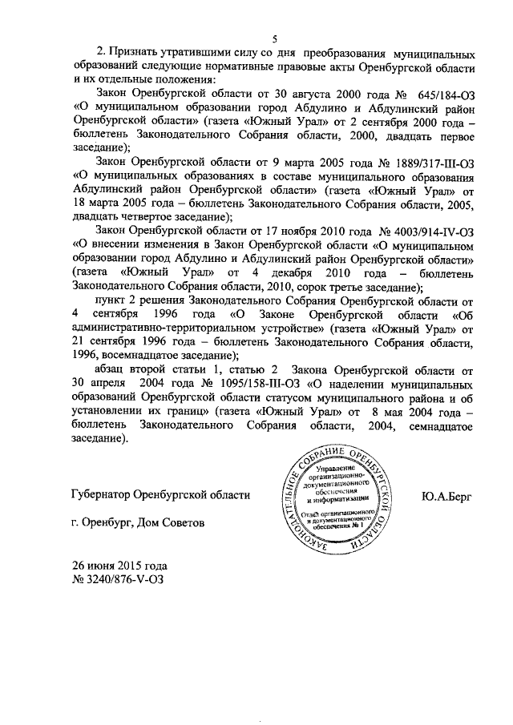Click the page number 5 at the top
coord(273,39)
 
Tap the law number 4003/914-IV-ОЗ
coord(418,231)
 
